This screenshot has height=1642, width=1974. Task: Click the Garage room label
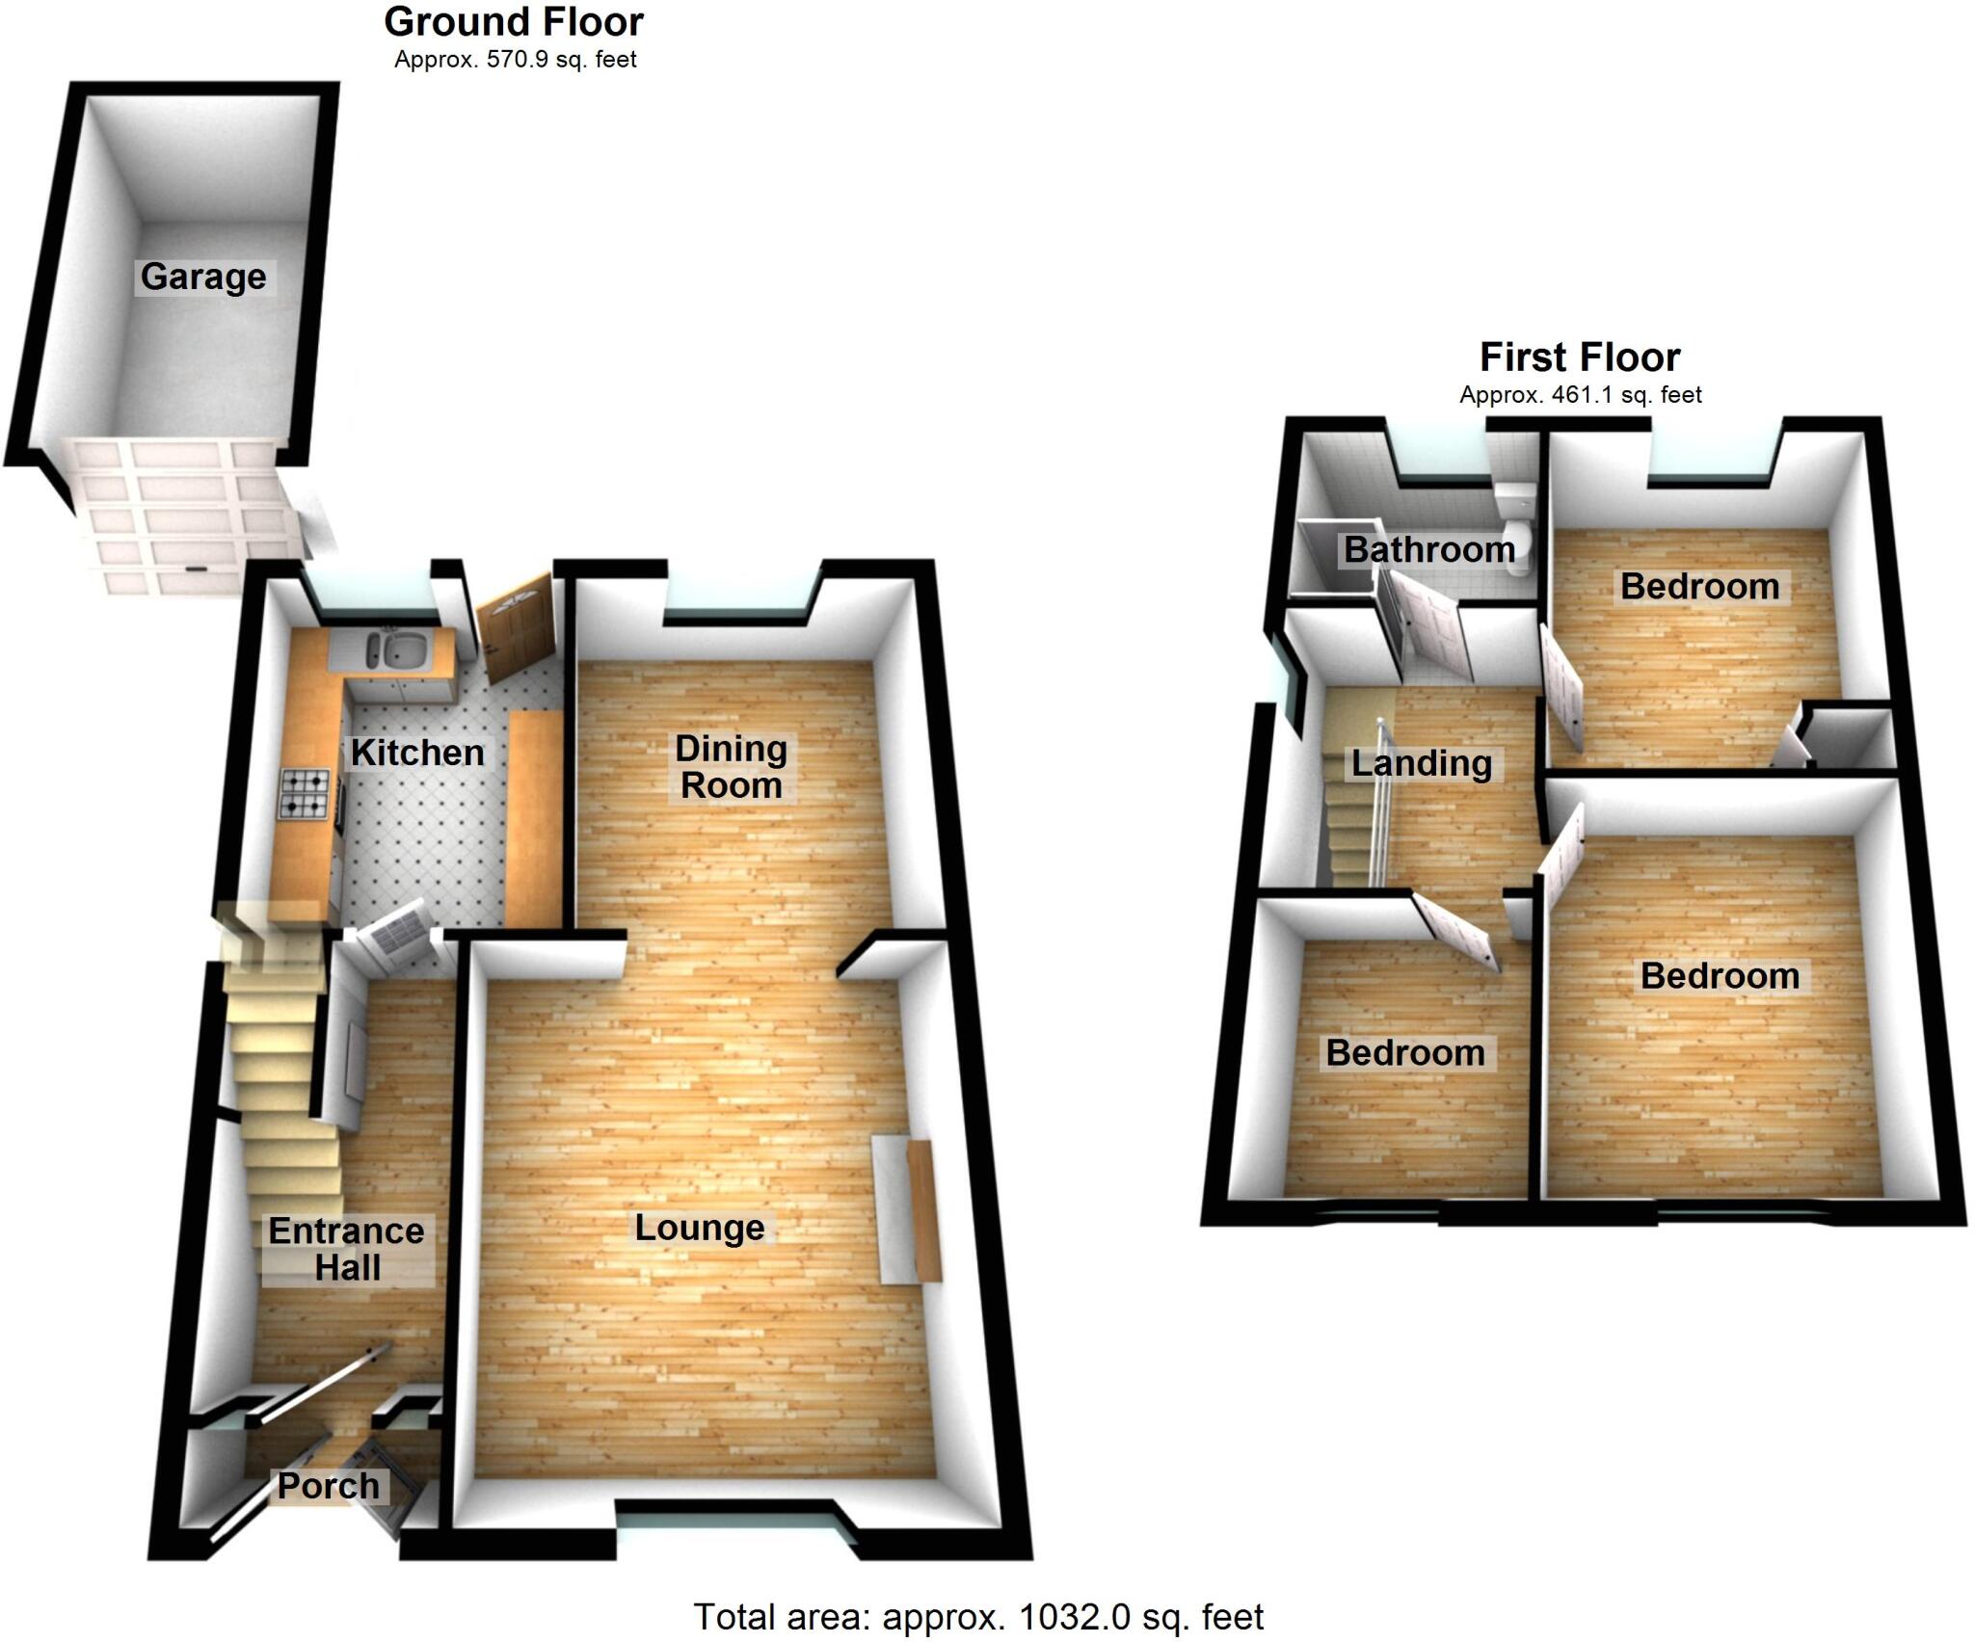[x=203, y=277]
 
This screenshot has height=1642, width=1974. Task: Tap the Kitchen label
[x=417, y=753]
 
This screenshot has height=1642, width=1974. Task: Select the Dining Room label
[x=731, y=767]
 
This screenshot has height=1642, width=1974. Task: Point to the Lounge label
[x=700, y=1228]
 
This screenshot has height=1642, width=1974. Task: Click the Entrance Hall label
[x=346, y=1249]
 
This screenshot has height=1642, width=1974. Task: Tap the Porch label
[x=329, y=1486]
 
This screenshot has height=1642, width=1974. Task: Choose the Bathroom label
[x=1429, y=549]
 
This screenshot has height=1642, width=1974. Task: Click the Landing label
[x=1422, y=763]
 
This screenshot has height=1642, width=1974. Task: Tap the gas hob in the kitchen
[x=305, y=794]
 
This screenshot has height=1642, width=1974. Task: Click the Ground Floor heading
[x=514, y=21]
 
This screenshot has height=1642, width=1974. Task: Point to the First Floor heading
[x=1580, y=358]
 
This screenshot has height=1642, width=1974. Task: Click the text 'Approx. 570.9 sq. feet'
[x=516, y=60]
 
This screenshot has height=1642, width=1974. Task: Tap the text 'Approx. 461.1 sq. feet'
[x=1581, y=395]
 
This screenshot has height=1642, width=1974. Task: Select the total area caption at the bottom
[x=978, y=1616]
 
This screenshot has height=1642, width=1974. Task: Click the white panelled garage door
[x=183, y=516]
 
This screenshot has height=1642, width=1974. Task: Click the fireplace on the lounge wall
[x=907, y=1210]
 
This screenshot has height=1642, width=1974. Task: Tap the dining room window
[x=741, y=598]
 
